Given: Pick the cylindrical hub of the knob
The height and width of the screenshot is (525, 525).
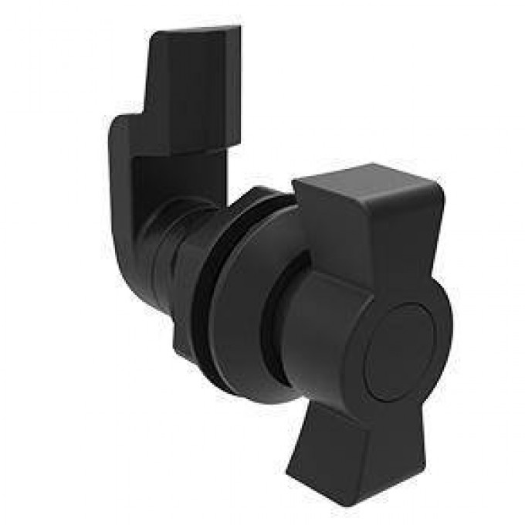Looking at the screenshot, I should point(324,324).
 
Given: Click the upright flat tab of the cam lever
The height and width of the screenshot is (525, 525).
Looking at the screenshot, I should point(193,85).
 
